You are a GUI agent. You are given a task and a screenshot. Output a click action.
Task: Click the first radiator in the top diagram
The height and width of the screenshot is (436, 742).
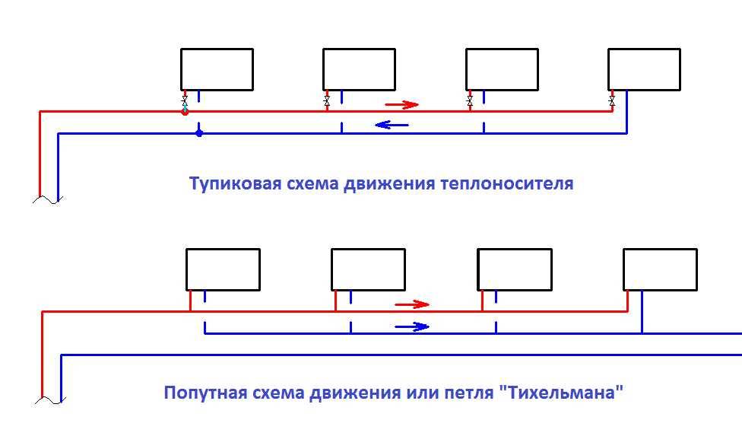coord(217,69)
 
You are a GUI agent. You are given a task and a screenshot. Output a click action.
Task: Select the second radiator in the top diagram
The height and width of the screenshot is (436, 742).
coord(359,69)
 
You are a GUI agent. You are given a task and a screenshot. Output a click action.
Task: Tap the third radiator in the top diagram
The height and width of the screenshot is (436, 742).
coord(502,69)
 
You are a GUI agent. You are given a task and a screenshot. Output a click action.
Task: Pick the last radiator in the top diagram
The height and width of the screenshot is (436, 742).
coord(644,69)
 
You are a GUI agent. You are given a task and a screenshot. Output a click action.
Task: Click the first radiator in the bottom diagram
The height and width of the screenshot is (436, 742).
coord(223,269)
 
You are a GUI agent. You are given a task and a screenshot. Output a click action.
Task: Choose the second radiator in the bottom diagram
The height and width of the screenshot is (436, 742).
coord(368,269)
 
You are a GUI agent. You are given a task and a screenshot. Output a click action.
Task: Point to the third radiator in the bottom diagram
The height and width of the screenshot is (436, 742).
coord(515,269)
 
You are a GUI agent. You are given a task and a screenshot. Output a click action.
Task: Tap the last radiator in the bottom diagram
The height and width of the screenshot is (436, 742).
coord(660,269)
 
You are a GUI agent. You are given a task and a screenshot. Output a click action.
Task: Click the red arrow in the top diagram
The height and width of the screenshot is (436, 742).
coord(401,104)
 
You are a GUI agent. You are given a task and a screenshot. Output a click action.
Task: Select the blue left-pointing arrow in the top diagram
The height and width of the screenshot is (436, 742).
coord(392,125)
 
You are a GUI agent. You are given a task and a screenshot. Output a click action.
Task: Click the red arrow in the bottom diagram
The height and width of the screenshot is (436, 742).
coord(412,305)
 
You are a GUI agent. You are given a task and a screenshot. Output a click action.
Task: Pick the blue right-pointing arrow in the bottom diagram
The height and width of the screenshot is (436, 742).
coord(411,327)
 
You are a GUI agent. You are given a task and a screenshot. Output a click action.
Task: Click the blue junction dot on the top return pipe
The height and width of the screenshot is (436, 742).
coord(199,133)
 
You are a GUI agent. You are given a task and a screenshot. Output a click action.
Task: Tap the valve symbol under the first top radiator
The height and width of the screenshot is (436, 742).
coord(184,100)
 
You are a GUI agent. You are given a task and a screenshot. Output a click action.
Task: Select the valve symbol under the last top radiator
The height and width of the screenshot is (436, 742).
coord(611,100)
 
